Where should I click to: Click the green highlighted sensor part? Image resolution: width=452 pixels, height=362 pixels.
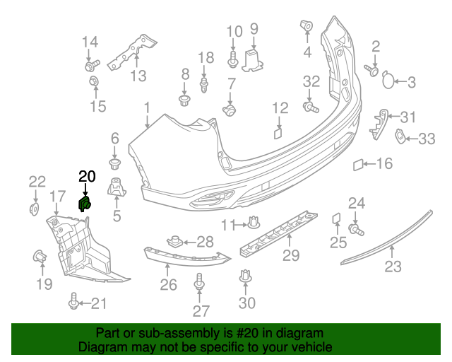(x=85, y=204)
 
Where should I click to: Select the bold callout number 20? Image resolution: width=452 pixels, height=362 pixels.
(x=87, y=176)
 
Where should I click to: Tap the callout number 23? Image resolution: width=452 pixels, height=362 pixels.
(x=393, y=267)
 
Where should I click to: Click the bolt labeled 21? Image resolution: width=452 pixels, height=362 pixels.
(x=73, y=301)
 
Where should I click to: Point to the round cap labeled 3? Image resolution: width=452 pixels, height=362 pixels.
(x=388, y=80)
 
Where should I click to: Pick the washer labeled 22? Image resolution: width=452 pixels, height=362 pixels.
(x=35, y=209)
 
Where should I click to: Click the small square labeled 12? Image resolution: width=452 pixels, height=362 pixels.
(x=278, y=134)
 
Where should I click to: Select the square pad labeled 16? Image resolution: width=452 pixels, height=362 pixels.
(x=358, y=165)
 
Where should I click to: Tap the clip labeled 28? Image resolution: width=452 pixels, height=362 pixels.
(x=174, y=241)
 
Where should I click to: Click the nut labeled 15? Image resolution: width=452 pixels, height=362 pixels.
(x=94, y=81)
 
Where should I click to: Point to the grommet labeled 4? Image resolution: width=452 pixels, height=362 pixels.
(x=307, y=25)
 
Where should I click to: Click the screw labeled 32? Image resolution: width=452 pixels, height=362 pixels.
(x=311, y=107)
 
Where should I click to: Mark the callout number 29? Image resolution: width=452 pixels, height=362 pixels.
(x=291, y=255)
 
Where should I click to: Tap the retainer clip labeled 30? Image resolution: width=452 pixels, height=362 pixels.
(x=245, y=276)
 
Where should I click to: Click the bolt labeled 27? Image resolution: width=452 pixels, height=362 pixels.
(x=199, y=281)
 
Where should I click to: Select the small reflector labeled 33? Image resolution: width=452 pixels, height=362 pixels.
(x=400, y=136)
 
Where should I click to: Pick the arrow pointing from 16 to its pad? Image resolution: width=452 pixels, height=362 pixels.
(x=369, y=164)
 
